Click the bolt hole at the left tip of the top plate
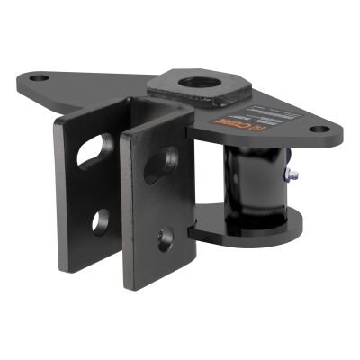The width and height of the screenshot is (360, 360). point(38,78)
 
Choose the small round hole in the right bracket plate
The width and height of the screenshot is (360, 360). point(165,238)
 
